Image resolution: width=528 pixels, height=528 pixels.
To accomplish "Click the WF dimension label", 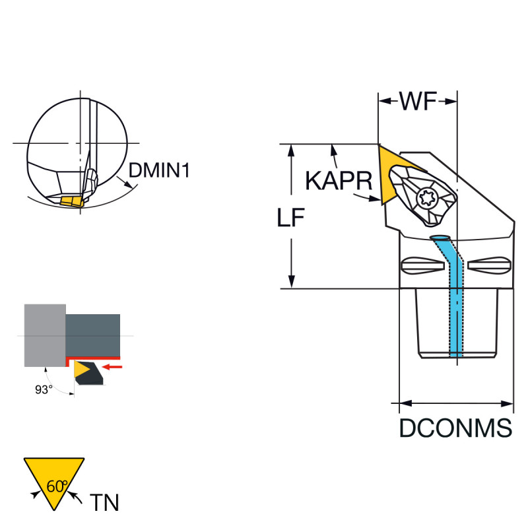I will pyautogui.click(x=418, y=102).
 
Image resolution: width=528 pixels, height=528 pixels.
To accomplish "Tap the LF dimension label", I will pyautogui.click(x=290, y=218).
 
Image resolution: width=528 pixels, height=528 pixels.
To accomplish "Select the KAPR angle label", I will pyautogui.click(x=339, y=180).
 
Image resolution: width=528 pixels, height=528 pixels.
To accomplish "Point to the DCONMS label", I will pyautogui.click(x=455, y=428).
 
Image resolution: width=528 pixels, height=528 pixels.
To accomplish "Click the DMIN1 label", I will pyautogui.click(x=159, y=171).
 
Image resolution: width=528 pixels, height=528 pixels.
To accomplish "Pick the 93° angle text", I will pyautogui.click(x=44, y=390).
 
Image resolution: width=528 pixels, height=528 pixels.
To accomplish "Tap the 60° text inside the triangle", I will pyautogui.click(x=57, y=486).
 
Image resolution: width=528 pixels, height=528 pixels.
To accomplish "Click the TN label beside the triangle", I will pyautogui.click(x=104, y=503).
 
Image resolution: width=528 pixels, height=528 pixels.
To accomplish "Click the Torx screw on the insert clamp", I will pyautogui.click(x=426, y=196).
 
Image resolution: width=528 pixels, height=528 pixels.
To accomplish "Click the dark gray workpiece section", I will pyautogui.click(x=93, y=335).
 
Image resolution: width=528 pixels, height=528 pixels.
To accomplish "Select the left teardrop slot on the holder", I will pyautogui.click(x=422, y=266).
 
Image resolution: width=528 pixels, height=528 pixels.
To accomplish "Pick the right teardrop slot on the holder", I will pyautogui.click(x=489, y=266).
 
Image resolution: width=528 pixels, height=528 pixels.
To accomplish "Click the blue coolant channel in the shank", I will pyautogui.click(x=456, y=304).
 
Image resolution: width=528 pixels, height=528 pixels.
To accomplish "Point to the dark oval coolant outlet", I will pyautogui.click(x=439, y=237).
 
